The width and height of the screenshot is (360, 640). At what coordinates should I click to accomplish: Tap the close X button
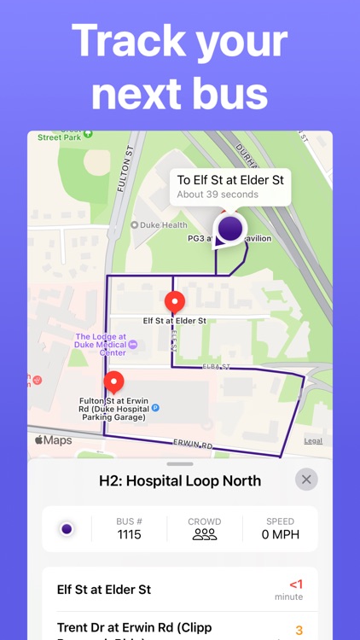[306, 479]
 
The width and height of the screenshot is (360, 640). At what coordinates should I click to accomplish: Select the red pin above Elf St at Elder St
[175, 302]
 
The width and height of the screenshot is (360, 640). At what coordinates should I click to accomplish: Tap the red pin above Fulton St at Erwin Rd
[113, 383]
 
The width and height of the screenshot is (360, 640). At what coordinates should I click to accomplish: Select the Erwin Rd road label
[192, 445]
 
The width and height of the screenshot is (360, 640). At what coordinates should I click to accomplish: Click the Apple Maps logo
[53, 440]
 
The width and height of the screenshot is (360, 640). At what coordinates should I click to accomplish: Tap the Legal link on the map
[313, 440]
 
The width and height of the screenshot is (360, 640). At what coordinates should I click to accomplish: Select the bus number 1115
[129, 535]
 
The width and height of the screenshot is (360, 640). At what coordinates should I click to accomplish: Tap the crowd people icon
[204, 535]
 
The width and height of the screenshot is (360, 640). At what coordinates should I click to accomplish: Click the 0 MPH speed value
[279, 535]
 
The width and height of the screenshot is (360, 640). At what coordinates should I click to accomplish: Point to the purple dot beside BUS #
[67, 529]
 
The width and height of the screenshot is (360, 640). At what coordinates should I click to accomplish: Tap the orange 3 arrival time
[299, 631]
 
